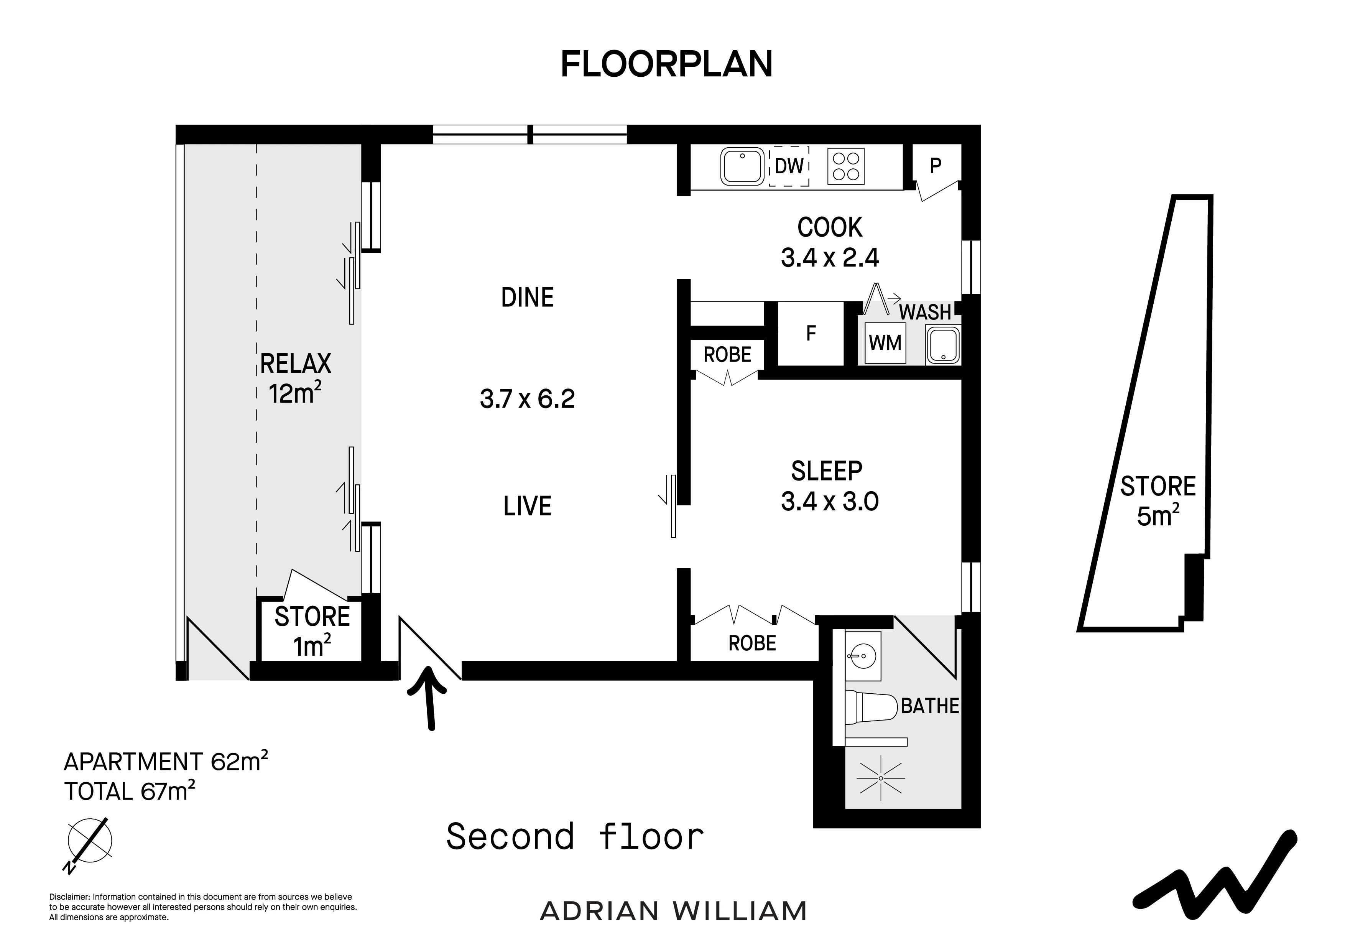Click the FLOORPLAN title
coord(667,64)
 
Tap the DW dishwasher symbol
coord(789,166)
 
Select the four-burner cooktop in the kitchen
coord(846,166)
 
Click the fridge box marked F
coord(811,333)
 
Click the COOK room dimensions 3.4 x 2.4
coord(829,258)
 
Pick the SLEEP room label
coord(827,471)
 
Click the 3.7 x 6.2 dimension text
coord(527,399)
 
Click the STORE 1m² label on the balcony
coord(312,631)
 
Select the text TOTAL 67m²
coord(130,791)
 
